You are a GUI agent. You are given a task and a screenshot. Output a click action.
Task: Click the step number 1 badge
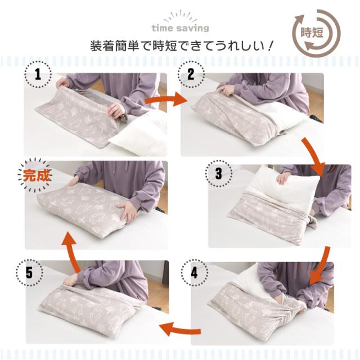pyautogui.click(x=38, y=74)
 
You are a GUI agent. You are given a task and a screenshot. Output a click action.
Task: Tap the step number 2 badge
pyautogui.click(x=191, y=74)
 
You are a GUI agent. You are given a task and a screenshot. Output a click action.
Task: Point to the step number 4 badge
pyautogui.click(x=194, y=273)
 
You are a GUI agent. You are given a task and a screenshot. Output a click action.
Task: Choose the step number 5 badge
pyautogui.click(x=29, y=273)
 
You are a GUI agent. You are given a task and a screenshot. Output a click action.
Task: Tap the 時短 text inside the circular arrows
pyautogui.click(x=312, y=33)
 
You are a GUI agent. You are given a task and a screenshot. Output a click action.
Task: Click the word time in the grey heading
pyautogui.click(x=163, y=28)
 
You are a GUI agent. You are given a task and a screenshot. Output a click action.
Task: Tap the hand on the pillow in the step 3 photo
pyautogui.click(x=283, y=178)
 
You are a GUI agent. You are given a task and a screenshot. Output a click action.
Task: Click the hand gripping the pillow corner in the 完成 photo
pyautogui.click(x=127, y=211)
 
